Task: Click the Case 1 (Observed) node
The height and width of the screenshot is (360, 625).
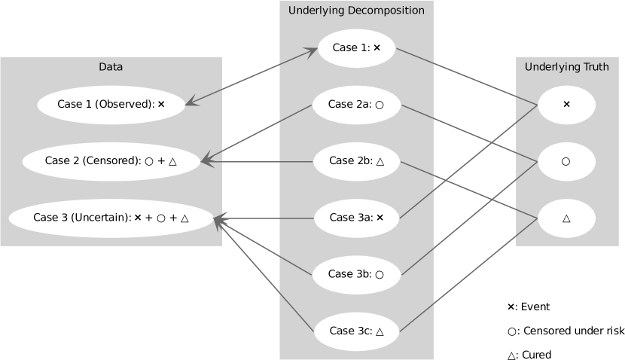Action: coord(111,105)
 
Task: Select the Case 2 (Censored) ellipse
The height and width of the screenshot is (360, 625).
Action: coord(111,160)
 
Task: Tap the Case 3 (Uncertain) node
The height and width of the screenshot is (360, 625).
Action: coord(111,218)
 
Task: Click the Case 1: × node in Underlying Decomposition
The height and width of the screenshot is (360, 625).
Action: coord(356,47)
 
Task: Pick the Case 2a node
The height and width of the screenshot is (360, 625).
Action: coord(356,105)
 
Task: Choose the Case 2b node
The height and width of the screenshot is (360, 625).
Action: coord(356,160)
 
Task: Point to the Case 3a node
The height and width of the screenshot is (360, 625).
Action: coord(356,218)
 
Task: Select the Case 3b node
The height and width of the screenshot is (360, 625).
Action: coord(356,274)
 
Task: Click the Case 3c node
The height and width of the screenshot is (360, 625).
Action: coord(356,331)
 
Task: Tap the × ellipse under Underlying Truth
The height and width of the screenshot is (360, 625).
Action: coord(566,105)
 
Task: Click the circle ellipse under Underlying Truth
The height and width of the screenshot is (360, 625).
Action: coord(566,161)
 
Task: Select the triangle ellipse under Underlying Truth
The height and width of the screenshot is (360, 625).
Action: coord(566,218)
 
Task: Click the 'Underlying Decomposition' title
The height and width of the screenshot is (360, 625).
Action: coord(356,11)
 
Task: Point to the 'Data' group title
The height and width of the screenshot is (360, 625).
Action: coord(111,67)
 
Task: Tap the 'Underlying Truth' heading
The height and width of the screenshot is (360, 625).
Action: coord(566,67)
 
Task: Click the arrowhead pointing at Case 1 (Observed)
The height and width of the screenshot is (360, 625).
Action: coord(191,102)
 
